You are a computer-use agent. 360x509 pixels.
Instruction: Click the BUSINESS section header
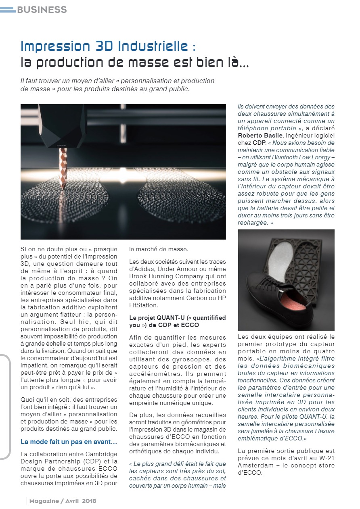point(42,9)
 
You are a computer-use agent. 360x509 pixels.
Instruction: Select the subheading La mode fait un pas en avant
point(69,442)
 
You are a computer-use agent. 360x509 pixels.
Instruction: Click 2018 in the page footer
point(89,501)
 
